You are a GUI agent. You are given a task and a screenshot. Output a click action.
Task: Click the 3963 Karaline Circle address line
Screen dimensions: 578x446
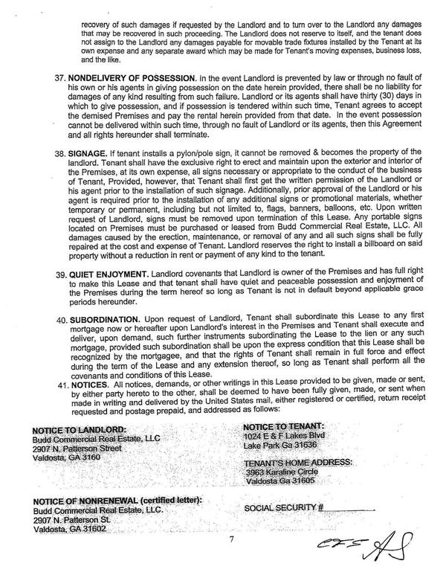tap(281, 472)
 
